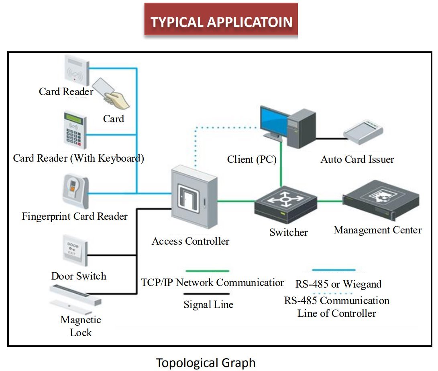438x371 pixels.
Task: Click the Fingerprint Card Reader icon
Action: tap(75, 191)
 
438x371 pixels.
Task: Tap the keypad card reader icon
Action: tap(74, 129)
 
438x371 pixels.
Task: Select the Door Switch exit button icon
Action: tap(74, 251)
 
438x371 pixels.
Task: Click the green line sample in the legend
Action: tap(207, 271)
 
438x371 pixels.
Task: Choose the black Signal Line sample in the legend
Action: tap(207, 294)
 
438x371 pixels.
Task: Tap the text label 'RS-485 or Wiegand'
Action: tap(338, 284)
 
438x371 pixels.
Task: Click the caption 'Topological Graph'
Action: tap(206, 363)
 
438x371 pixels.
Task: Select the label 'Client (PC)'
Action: tap(252, 159)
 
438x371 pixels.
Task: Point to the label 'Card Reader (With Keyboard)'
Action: tap(78, 158)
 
